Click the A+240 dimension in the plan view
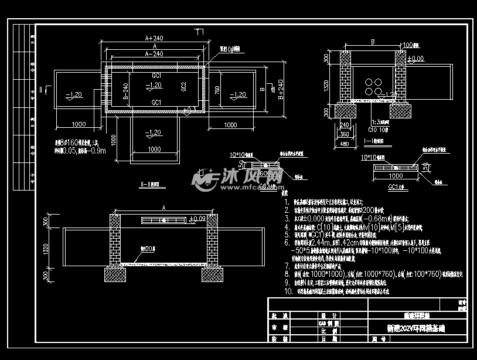pyautogui.click(x=154, y=38)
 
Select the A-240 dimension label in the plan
pyautogui.click(x=154, y=53)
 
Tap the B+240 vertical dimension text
pyautogui.click(x=280, y=89)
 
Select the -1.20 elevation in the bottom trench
pyautogui.click(x=154, y=133)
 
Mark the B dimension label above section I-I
pyautogui.click(x=372, y=42)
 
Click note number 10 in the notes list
pyautogui.click(x=288, y=291)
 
